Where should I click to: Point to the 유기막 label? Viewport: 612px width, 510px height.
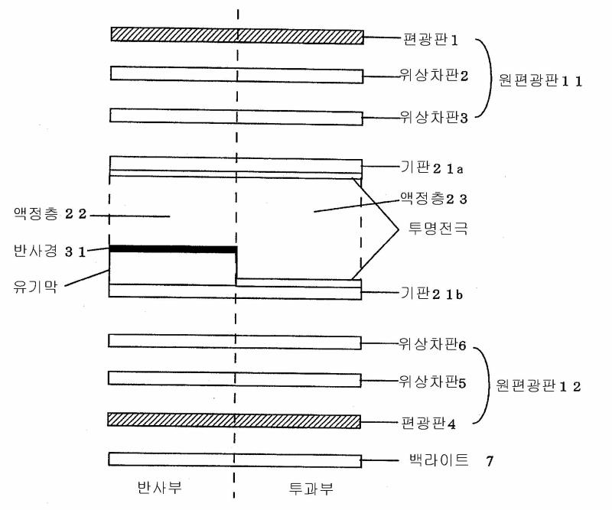tap(35, 286)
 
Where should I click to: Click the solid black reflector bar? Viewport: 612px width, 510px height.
tap(173, 249)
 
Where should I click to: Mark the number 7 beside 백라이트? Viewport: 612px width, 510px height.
tap(490, 461)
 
